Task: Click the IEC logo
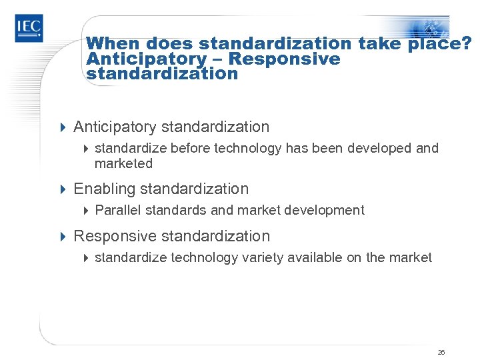point(29,28)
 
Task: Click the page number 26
point(441,352)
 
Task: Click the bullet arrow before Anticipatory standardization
point(63,127)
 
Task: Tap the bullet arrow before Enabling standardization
point(63,189)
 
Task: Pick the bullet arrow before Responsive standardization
point(63,236)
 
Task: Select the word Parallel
point(117,211)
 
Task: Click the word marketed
point(123,163)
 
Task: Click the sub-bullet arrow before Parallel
point(85,211)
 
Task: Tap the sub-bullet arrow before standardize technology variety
point(85,257)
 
